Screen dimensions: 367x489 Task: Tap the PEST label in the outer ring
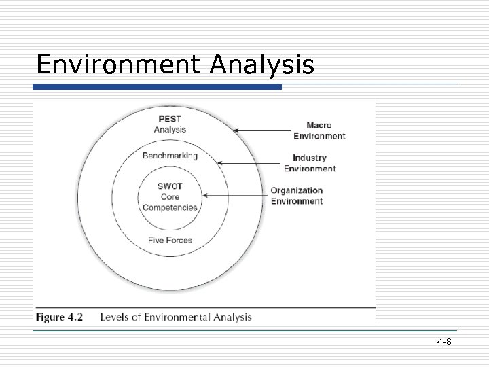169,119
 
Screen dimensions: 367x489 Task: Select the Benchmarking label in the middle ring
170,156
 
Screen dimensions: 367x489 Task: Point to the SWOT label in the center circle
170,186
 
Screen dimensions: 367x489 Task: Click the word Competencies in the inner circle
170,207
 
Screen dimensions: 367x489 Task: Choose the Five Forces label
170,239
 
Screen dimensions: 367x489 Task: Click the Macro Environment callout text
319,130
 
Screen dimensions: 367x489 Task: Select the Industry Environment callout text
310,163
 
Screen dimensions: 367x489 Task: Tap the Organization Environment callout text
297,196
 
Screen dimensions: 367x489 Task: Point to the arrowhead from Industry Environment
219,163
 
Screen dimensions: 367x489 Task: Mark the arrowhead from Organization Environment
206,195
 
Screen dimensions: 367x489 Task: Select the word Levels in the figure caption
115,317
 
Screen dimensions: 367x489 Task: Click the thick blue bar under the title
158,87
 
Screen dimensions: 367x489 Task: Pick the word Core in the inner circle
170,196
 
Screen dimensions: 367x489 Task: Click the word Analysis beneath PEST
170,130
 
